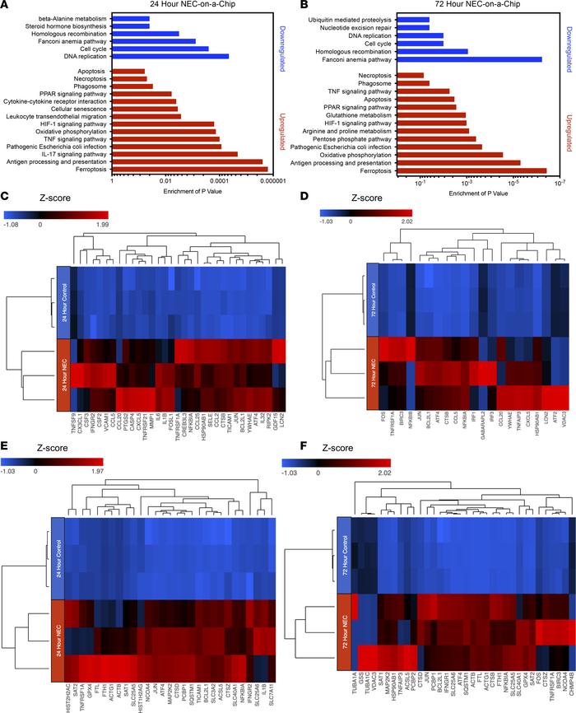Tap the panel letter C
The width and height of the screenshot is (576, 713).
tap(6, 196)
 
